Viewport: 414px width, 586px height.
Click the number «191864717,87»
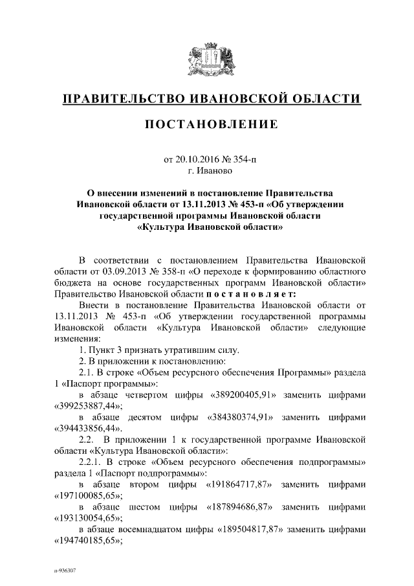point(238,485)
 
